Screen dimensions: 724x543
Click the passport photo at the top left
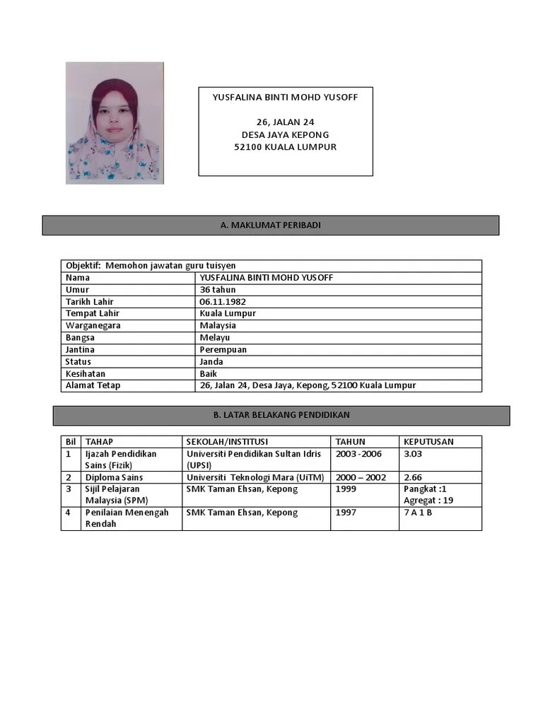point(115,123)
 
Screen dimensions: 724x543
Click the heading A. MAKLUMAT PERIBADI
point(271,225)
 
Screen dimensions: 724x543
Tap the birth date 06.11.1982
point(223,302)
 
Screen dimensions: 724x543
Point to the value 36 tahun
point(218,290)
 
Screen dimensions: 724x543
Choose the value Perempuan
point(223,350)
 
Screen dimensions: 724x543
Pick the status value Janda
point(211,362)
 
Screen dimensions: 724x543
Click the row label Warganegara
point(93,326)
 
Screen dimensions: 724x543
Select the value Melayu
point(215,338)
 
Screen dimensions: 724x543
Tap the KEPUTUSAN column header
point(428,442)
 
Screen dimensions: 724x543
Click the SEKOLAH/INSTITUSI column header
point(227,442)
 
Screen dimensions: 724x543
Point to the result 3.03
point(412,454)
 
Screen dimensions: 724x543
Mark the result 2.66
point(412,478)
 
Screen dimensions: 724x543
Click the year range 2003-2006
point(358,454)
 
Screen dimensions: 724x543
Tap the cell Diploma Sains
point(114,478)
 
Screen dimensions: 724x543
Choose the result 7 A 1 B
point(418,513)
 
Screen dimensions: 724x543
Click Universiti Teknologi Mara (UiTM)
point(255,478)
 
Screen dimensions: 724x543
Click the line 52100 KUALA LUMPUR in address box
point(285,147)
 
